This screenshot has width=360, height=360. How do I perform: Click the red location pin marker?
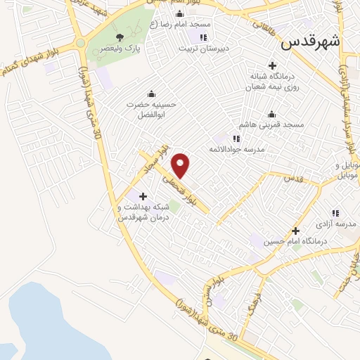[x=181, y=165]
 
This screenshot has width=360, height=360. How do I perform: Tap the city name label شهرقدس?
[x=310, y=41]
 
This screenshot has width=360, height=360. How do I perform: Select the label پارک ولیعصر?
[x=118, y=49]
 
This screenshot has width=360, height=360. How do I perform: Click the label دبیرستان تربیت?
[x=202, y=49]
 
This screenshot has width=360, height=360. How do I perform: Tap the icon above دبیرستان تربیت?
[x=202, y=37]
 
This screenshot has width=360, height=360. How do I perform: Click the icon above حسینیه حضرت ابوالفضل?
[x=151, y=94]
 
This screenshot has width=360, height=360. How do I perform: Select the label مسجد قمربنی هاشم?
[x=271, y=125]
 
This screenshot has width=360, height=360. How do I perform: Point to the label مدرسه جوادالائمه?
[x=235, y=149]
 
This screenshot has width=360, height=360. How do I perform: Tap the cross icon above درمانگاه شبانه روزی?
[x=272, y=65]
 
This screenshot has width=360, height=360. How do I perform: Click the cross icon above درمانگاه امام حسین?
[x=295, y=231]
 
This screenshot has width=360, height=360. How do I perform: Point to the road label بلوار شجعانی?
[x=183, y=190]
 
